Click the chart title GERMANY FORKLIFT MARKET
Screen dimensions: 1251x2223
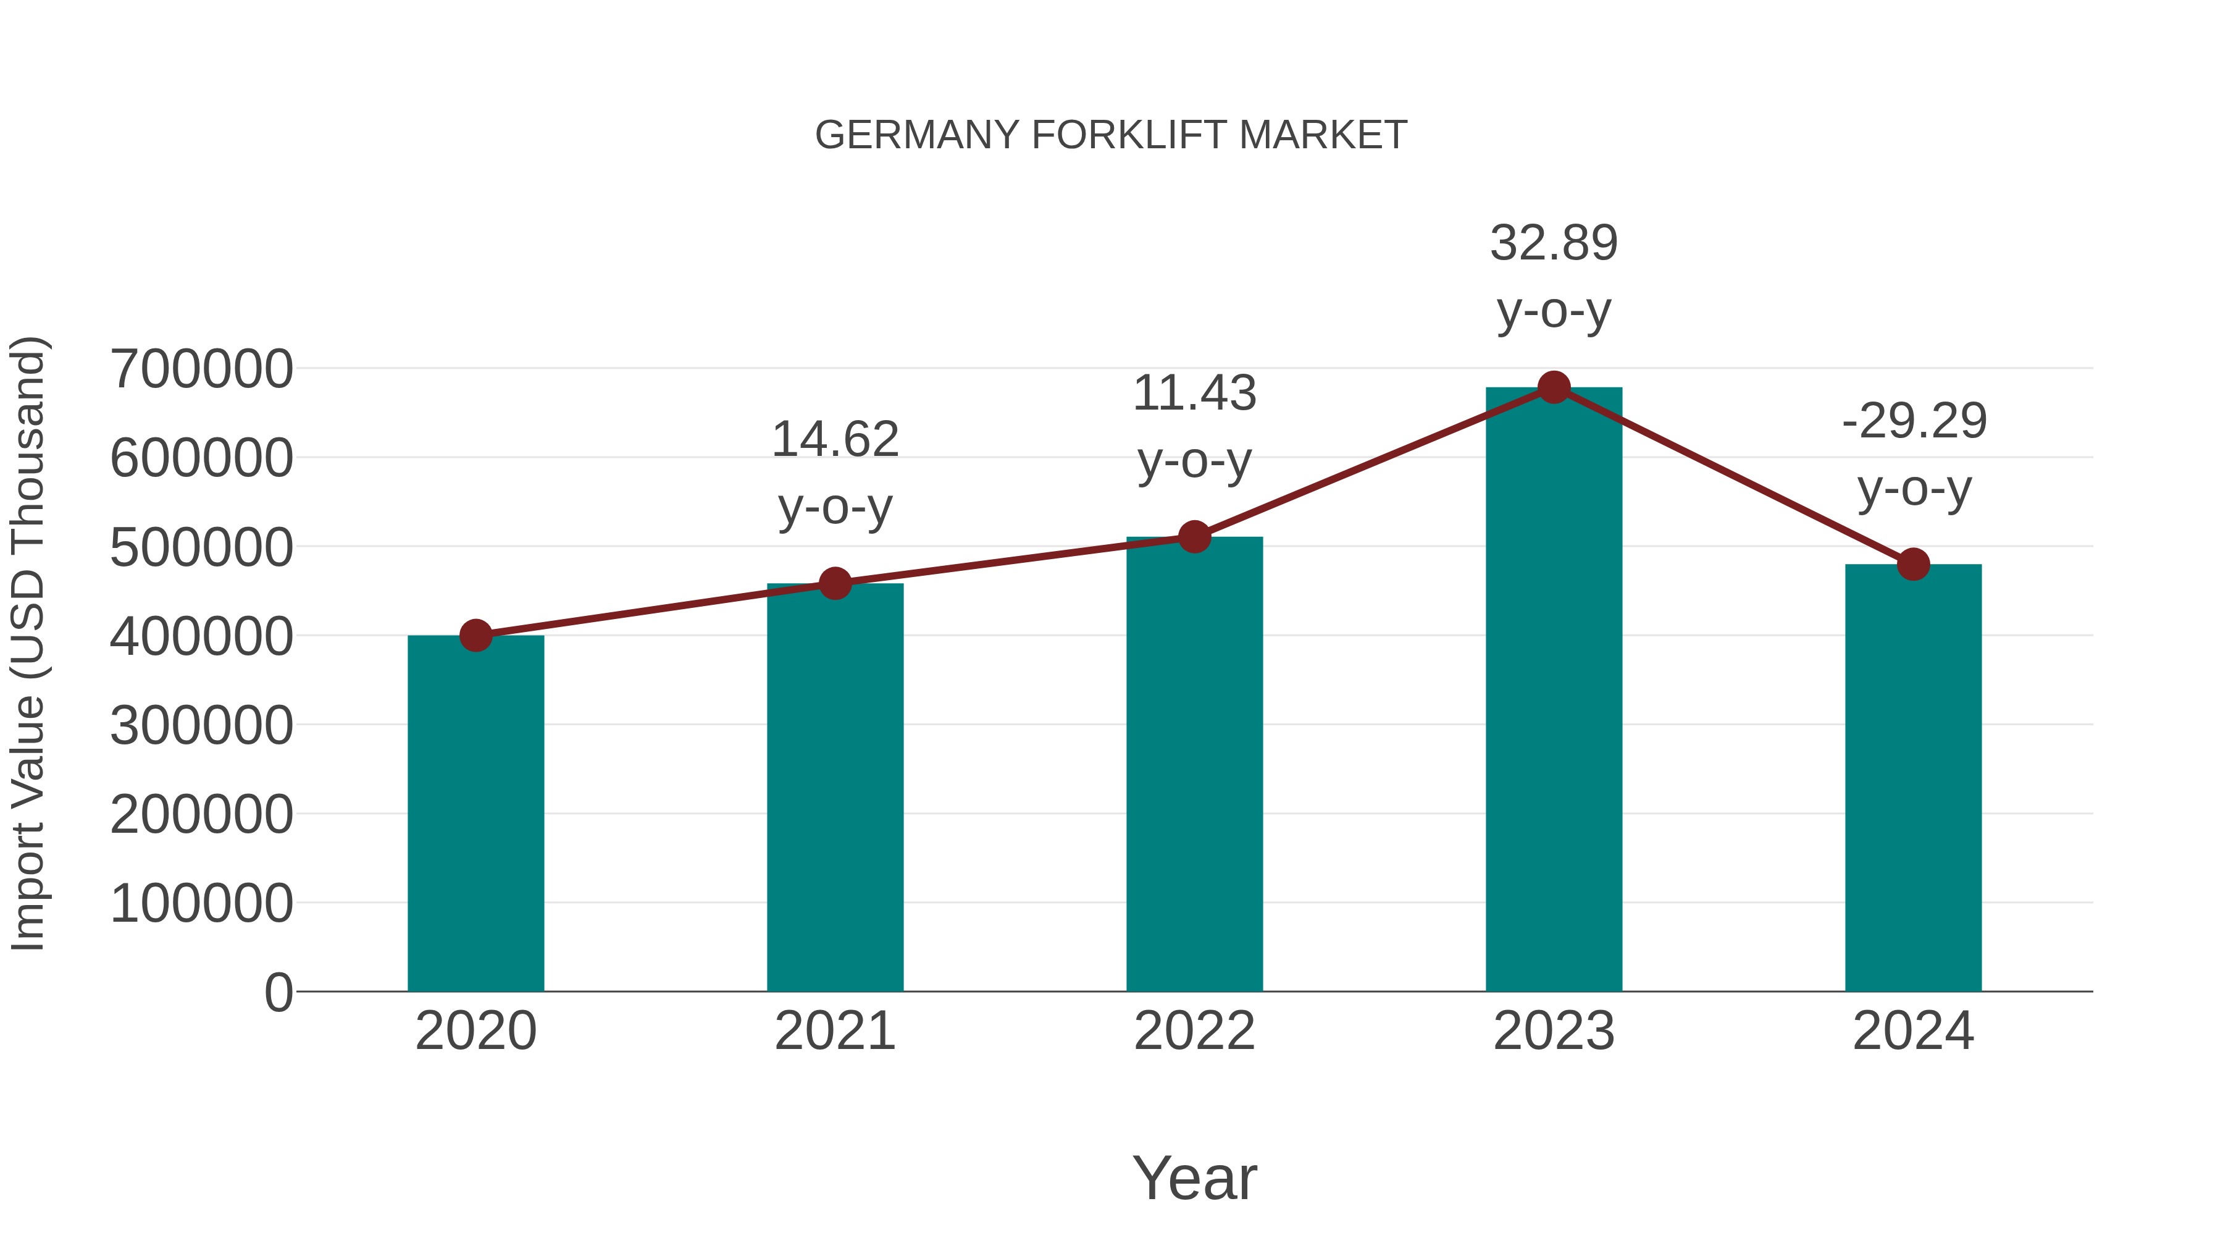(x=1111, y=135)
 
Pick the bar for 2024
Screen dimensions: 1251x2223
(x=1913, y=777)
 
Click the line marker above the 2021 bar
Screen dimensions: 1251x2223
(x=834, y=584)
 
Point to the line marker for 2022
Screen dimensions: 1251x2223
(x=1194, y=537)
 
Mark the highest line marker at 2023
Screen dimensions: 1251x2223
(x=1554, y=387)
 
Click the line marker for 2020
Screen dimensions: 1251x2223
(x=475, y=636)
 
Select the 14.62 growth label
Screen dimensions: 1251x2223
(x=834, y=439)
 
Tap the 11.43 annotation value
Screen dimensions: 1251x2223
(x=1194, y=394)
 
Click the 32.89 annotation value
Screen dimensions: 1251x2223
(x=1554, y=243)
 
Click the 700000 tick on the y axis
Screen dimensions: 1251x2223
(x=201, y=369)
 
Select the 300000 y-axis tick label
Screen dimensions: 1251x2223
(x=201, y=726)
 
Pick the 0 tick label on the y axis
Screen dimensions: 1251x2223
(x=278, y=993)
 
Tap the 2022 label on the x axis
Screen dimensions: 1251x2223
(x=1194, y=1031)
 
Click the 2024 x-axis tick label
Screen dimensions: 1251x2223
(x=1913, y=1031)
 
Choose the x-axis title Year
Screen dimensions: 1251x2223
(x=1194, y=1177)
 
